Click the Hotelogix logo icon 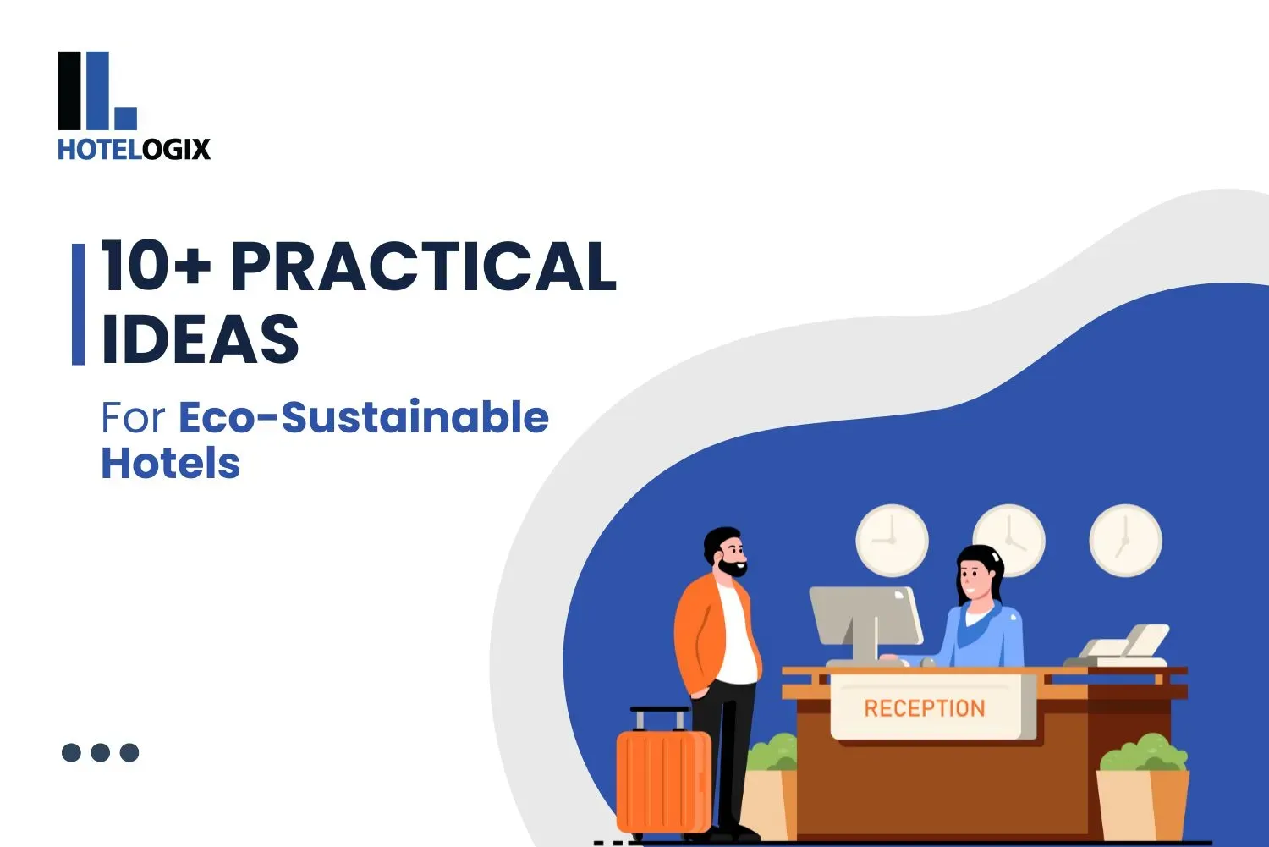(x=96, y=91)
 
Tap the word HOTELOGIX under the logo (x=134, y=150)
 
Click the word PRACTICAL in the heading (x=424, y=267)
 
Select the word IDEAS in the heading (x=200, y=339)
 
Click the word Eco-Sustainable (x=364, y=417)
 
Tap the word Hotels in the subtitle (x=171, y=464)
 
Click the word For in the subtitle (x=133, y=418)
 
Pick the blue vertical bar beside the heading (x=79, y=305)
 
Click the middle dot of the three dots (x=100, y=752)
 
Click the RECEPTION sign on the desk (x=925, y=707)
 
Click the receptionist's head (x=979, y=573)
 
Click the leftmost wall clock (x=892, y=541)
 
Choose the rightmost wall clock (x=1125, y=541)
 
